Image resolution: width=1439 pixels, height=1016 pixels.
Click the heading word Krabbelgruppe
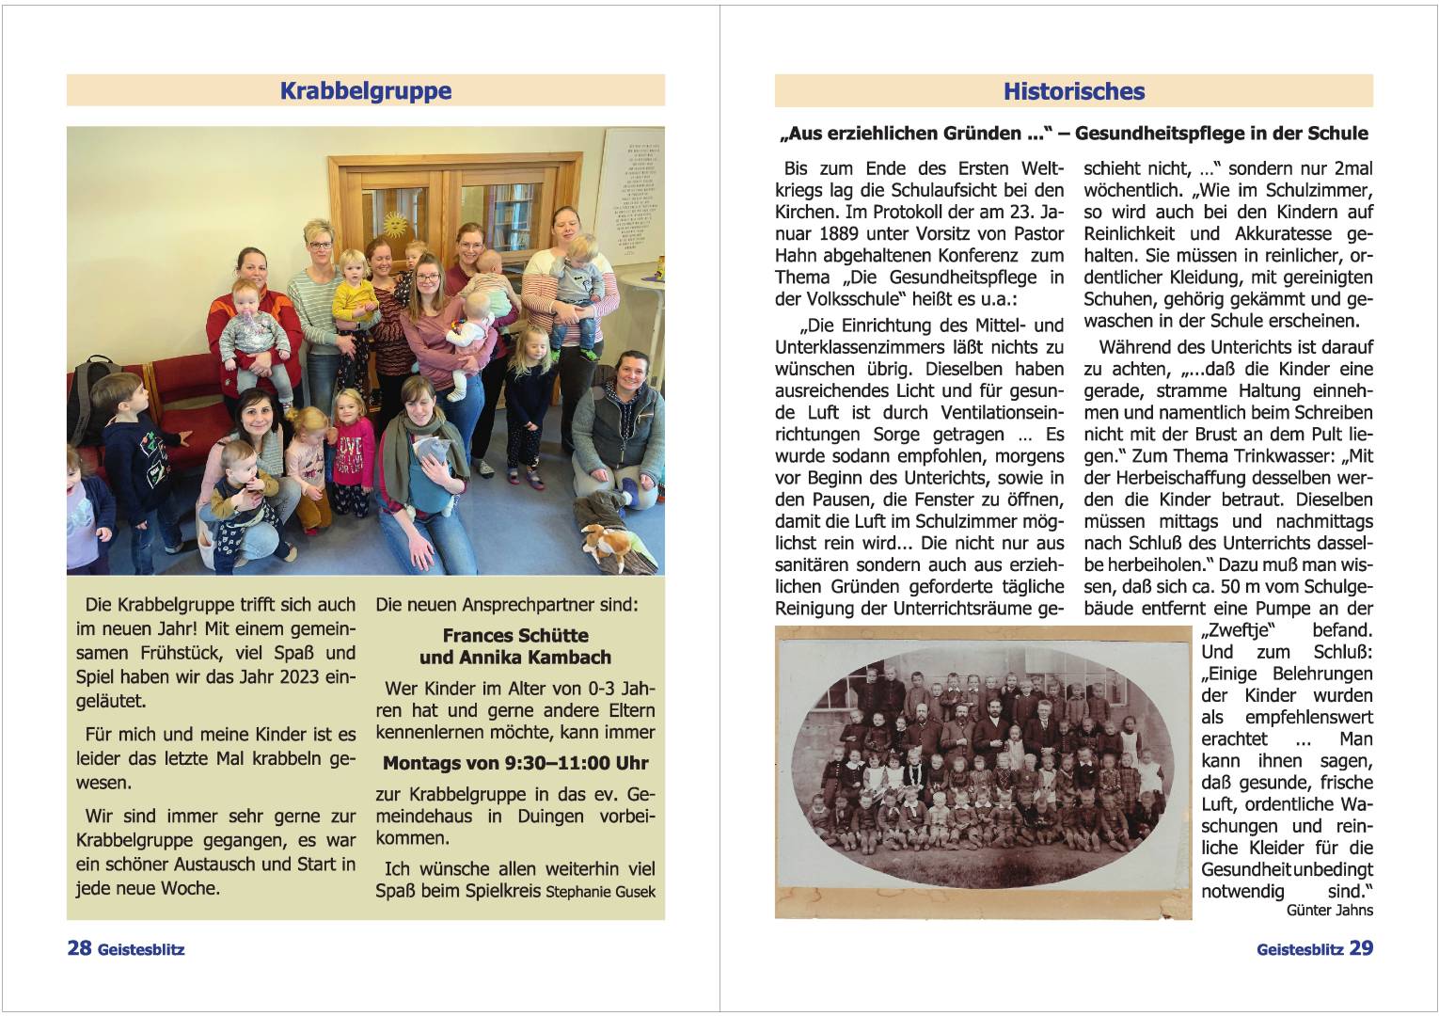366,91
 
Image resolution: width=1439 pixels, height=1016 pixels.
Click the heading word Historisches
1073,91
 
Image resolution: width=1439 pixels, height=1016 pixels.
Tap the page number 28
79,948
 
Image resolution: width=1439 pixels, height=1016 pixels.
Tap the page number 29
1361,948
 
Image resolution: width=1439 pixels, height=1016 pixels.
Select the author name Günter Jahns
1329,910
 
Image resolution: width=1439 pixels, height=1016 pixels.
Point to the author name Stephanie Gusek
600,892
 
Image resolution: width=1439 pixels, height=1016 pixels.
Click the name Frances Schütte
515,635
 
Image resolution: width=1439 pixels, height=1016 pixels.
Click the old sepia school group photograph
982,772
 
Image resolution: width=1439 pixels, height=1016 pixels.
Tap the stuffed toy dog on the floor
606,543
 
